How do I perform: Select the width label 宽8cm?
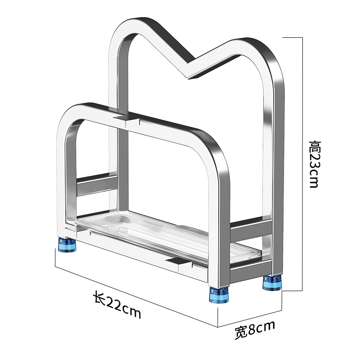255,329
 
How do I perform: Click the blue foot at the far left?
67,245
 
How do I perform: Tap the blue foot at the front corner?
219,295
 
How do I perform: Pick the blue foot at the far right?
272,283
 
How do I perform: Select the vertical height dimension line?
302,164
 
